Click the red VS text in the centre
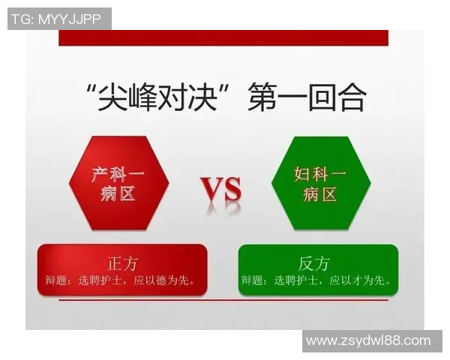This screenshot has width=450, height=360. pyautogui.click(x=221, y=190)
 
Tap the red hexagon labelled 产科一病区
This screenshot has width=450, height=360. pyautogui.click(x=118, y=184)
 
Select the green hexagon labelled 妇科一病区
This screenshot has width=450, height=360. pyautogui.click(x=320, y=184)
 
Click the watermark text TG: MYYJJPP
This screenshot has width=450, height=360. pyautogui.click(x=58, y=19)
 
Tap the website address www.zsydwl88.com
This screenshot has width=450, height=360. pyautogui.click(x=368, y=341)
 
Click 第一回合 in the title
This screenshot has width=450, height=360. pyautogui.click(x=307, y=98)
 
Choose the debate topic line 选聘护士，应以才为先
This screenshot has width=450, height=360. pyautogui.click(x=319, y=281)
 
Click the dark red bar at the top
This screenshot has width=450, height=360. pyautogui.click(x=223, y=37)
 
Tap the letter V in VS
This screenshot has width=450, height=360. pyautogui.click(x=211, y=190)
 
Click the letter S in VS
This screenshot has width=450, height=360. pyautogui.click(x=232, y=190)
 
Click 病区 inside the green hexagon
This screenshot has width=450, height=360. pyautogui.click(x=320, y=195)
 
